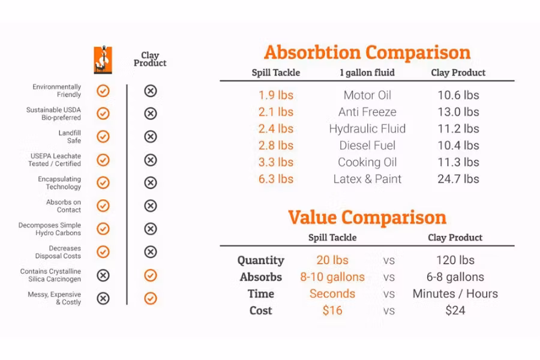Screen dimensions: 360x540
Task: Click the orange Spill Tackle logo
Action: pyautogui.click(x=103, y=60)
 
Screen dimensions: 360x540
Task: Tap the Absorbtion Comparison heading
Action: pyautogui.click(x=367, y=52)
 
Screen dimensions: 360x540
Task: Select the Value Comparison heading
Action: pyautogui.click(x=367, y=217)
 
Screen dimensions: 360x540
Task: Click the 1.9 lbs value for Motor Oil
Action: pyautogui.click(x=276, y=95)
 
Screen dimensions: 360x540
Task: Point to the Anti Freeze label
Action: pyautogui.click(x=367, y=112)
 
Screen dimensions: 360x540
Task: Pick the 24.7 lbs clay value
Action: pyautogui.click(x=458, y=179)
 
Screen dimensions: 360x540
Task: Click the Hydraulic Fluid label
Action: pyautogui.click(x=367, y=129)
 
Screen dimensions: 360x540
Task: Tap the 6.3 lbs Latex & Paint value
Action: pyautogui.click(x=276, y=179)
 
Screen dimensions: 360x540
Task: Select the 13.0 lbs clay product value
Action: pyautogui.click(x=458, y=112)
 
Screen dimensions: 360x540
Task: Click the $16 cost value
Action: pyautogui.click(x=332, y=310)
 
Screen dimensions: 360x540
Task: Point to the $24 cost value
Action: pyautogui.click(x=455, y=310)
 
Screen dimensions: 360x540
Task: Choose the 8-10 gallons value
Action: pyautogui.click(x=332, y=277)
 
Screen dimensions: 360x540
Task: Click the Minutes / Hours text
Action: pyautogui.click(x=455, y=294)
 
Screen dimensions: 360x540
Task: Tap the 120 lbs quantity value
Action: pyautogui.click(x=455, y=260)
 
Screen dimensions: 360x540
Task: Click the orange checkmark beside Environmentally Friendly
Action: pyautogui.click(x=103, y=91)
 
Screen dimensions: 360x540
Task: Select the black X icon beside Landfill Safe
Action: pyautogui.click(x=151, y=137)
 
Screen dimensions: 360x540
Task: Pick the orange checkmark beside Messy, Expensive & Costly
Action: pyautogui.click(x=151, y=298)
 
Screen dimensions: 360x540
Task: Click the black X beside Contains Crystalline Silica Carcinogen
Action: pyautogui.click(x=103, y=275)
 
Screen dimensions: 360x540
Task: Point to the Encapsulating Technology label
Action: pyautogui.click(x=59, y=183)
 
